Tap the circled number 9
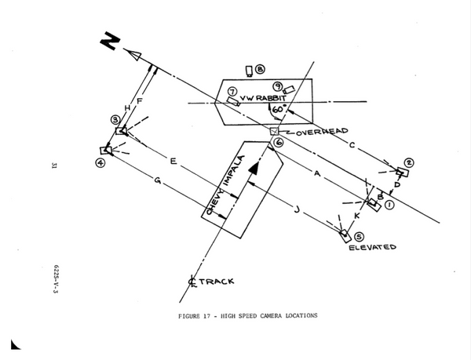[278, 85]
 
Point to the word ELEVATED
[373, 248]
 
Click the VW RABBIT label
[265, 100]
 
